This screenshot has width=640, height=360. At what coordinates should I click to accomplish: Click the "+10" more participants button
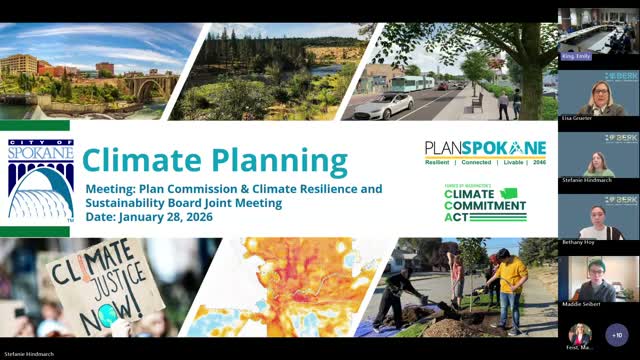[616, 334]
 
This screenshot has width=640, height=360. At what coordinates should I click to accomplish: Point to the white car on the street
[383, 106]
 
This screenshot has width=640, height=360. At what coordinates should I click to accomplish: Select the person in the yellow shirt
[511, 286]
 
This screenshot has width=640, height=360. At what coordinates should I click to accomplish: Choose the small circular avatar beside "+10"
[580, 334]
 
